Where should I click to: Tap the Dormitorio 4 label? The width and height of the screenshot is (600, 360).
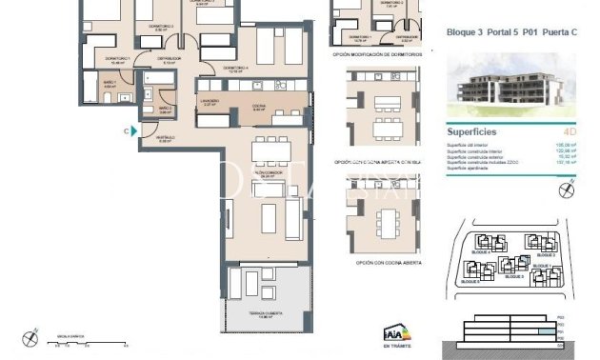coord(236,69)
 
